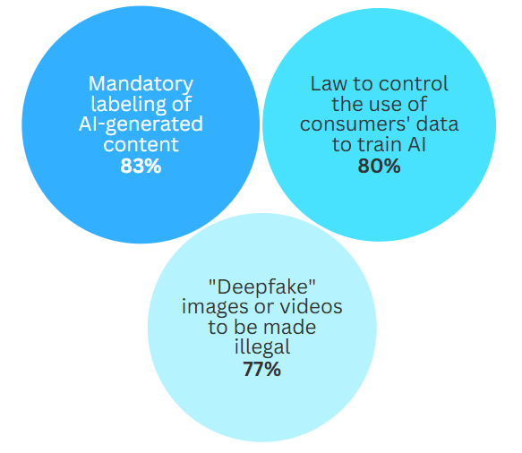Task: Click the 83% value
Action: (x=141, y=166)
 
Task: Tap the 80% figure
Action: (x=379, y=166)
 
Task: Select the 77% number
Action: (x=262, y=369)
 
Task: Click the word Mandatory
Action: (x=141, y=84)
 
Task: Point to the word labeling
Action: (x=128, y=105)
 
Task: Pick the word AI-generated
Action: (x=141, y=124)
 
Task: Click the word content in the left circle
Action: (x=141, y=145)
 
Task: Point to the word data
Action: (x=438, y=124)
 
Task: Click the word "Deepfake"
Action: (x=262, y=286)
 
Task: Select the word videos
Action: (x=311, y=307)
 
